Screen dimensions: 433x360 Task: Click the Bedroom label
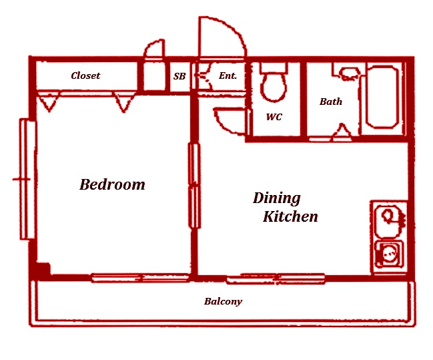coord(112,184)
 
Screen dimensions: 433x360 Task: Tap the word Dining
coord(277,198)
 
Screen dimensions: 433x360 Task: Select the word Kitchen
coord(290,216)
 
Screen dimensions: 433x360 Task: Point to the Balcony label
coord(223,301)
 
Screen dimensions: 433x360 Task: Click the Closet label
coord(85,75)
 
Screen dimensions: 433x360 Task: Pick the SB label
coord(179,76)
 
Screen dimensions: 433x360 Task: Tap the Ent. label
coord(228,75)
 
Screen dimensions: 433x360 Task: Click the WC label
coord(274,117)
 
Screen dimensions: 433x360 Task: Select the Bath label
coord(331,102)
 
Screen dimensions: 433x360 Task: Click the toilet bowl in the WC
coord(274,82)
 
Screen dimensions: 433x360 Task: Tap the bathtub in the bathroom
coord(382,97)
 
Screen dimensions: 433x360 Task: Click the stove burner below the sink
coord(389,253)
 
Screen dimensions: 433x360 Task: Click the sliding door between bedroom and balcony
coord(141,278)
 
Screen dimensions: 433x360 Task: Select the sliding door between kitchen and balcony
coord(276,279)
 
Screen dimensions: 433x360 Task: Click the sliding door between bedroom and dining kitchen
coord(194,186)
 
